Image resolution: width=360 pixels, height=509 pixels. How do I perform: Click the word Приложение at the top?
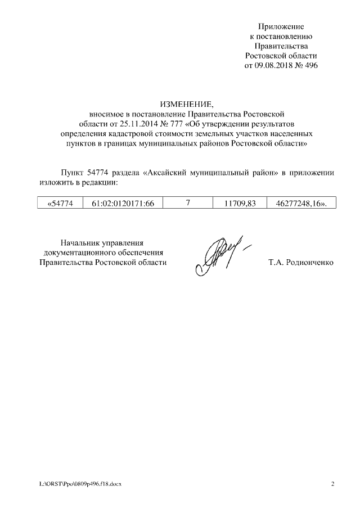pyautogui.click(x=281, y=26)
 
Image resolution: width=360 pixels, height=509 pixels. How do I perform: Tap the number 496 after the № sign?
pyautogui.click(x=310, y=65)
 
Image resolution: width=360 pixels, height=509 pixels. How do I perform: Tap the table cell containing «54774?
pyautogui.click(x=59, y=203)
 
